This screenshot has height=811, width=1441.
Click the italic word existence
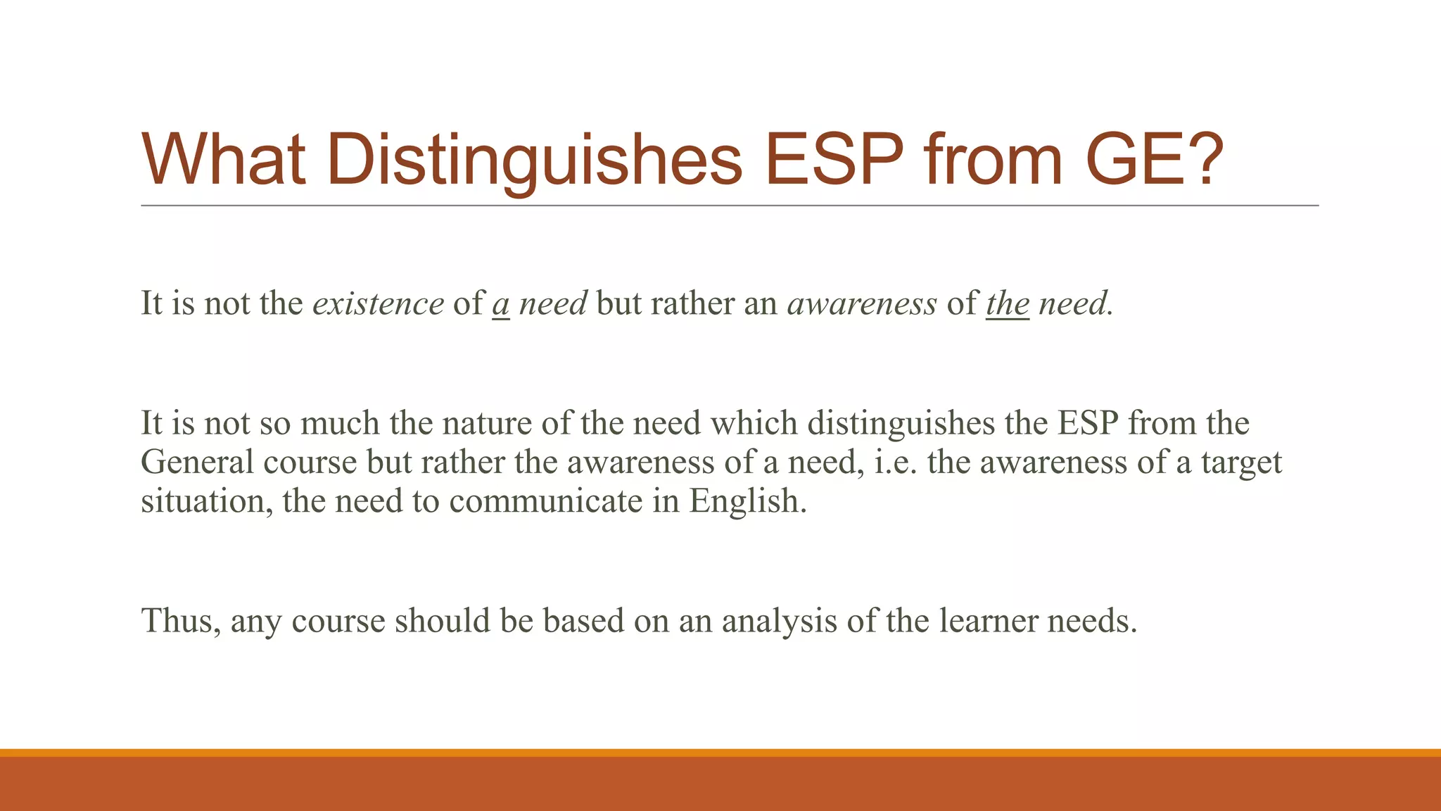coord(378,303)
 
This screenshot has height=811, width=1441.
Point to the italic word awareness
coord(862,303)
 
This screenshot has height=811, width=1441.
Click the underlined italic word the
coord(1007,303)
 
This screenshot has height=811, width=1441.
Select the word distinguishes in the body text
coord(901,423)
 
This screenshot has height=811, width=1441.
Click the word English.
coord(747,501)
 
